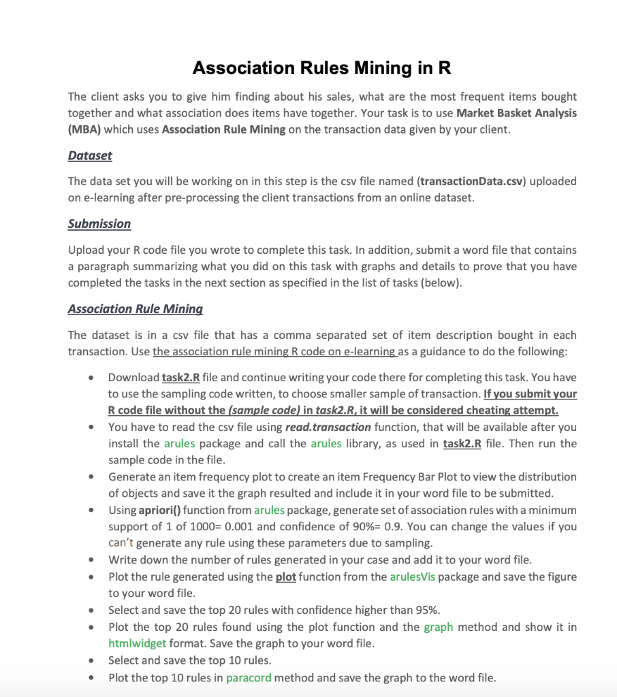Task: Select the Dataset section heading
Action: pos(90,155)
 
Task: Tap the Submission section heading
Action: pos(99,224)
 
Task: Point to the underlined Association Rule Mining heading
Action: pos(135,309)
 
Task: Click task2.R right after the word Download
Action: pos(180,377)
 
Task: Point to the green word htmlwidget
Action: pos(136,643)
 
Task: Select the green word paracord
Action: pos(249,677)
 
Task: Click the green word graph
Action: pos(439,627)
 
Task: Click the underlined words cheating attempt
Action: pos(512,410)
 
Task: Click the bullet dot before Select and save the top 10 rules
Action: pos(91,661)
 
